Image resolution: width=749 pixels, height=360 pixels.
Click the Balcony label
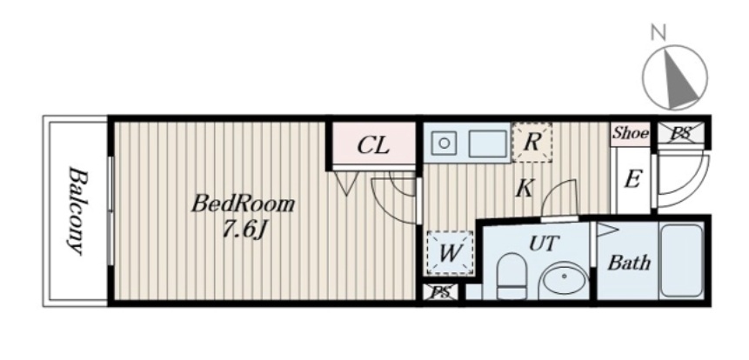[77, 210]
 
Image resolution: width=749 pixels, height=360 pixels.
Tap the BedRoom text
[243, 204]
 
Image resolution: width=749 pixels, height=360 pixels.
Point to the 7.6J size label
[244, 231]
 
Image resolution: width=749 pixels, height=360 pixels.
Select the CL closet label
[373, 145]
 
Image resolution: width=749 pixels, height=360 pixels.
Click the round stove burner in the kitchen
[444, 143]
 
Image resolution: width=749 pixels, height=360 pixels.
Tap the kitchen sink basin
[488, 143]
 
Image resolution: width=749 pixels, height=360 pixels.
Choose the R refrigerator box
[532, 143]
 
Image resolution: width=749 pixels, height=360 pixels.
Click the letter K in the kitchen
[525, 189]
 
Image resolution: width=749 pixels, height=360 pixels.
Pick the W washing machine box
[450, 253]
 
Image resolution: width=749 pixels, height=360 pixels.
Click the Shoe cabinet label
[631, 133]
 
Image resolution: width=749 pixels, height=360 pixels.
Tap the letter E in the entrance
[632, 179]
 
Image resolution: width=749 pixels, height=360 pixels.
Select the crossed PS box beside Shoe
[680, 133]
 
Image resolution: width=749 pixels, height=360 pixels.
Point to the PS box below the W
[441, 292]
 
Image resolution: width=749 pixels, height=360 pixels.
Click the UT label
[544, 243]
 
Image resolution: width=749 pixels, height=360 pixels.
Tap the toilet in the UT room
[512, 276]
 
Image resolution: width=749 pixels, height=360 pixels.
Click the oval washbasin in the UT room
[564, 280]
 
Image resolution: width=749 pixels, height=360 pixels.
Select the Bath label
[629, 262]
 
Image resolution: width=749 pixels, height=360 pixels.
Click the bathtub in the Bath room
[681, 260]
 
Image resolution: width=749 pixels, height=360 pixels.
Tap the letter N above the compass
[658, 32]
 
